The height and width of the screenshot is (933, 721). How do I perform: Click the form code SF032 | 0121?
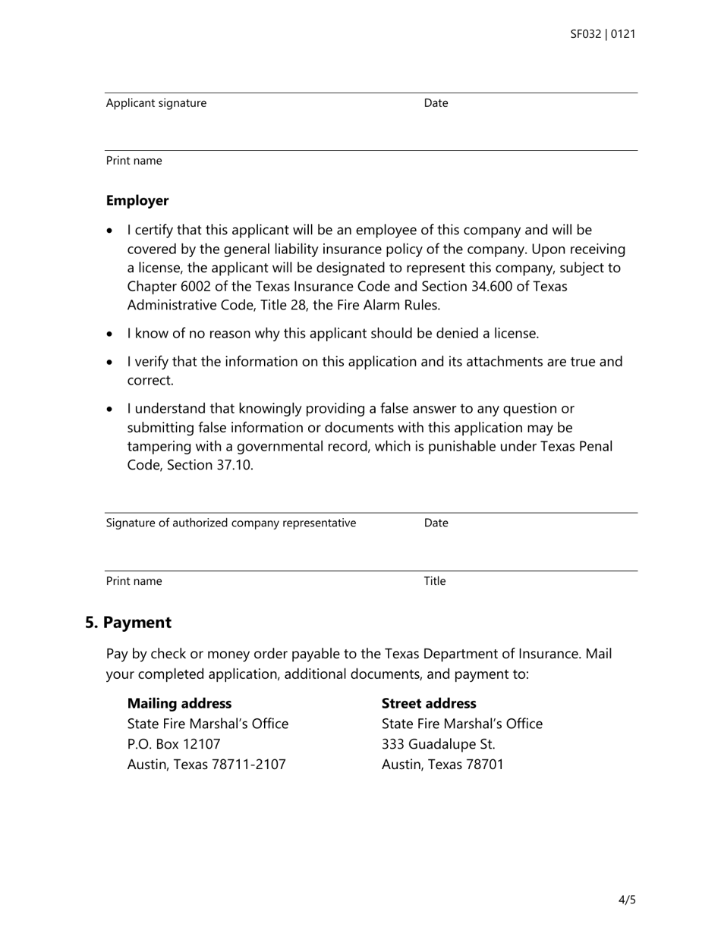603,34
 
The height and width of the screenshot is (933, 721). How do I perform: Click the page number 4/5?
627,900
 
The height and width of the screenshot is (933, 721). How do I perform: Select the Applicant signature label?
156,103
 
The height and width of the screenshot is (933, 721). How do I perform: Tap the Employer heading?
137,201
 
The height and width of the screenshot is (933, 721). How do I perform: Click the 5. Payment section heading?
128,623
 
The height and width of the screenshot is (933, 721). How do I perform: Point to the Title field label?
435,581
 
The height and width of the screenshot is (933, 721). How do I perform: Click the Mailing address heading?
179,703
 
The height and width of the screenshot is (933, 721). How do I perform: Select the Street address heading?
429,703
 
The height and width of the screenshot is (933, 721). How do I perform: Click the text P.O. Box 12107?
174,744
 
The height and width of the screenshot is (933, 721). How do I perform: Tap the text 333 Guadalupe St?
438,744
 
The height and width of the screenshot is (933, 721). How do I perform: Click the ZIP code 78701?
480,765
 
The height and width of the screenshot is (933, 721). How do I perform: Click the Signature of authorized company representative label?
231,523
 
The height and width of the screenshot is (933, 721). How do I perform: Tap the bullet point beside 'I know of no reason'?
112,334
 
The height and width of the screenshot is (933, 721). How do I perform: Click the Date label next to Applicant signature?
436,103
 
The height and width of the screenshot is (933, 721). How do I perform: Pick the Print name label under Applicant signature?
134,161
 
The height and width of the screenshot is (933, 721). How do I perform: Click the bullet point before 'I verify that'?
112,363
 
